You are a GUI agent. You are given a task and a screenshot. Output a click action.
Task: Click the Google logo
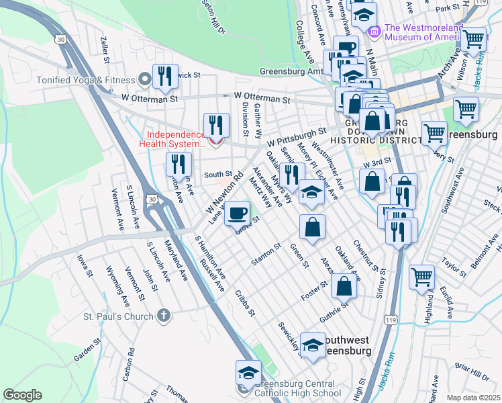click(x=22, y=395)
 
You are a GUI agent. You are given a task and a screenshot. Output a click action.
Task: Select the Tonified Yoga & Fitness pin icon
click(x=142, y=79)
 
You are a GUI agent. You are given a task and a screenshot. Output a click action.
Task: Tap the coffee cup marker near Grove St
click(x=236, y=214)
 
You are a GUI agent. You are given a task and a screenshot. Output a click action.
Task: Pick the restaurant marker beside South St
click(x=179, y=164)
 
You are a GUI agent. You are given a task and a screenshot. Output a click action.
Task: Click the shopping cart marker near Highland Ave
click(x=421, y=275)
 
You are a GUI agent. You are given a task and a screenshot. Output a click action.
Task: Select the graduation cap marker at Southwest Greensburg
click(x=313, y=345)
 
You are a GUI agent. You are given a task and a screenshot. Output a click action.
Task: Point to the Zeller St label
click(x=105, y=50)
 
